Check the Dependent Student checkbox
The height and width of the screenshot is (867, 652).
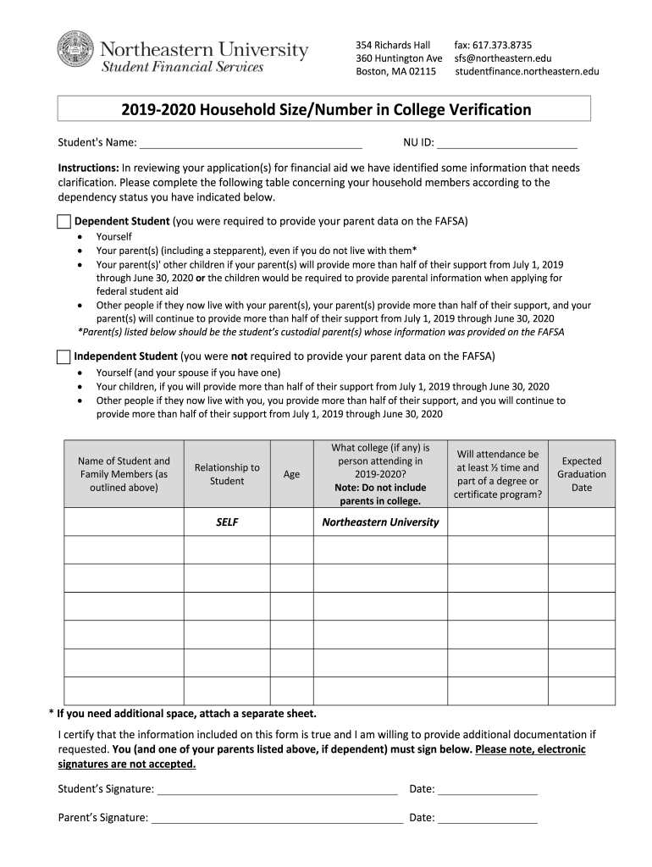coord(64,222)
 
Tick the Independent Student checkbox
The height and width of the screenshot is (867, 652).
coord(64,356)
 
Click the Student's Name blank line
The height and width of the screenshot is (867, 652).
coord(251,142)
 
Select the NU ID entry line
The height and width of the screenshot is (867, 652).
coord(506,142)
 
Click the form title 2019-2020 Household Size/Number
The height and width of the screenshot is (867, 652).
coord(325,109)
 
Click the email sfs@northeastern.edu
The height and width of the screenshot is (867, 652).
coord(502,58)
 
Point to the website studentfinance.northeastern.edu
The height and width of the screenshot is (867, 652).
coord(527,71)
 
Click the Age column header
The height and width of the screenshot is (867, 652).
coord(291,474)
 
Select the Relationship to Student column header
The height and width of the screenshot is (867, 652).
coord(227,474)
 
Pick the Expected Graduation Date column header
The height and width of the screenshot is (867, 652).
coord(582,474)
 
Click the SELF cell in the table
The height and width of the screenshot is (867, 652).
coord(227,522)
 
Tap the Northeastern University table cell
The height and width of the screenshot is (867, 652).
coord(380,522)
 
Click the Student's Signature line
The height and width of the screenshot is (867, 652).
coord(278,790)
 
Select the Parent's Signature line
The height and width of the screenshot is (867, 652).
coord(277,819)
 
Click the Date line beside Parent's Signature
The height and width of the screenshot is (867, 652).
coord(488,819)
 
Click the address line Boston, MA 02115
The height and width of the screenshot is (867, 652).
coord(395,71)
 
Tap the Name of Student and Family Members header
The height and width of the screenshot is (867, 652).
coord(124,474)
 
